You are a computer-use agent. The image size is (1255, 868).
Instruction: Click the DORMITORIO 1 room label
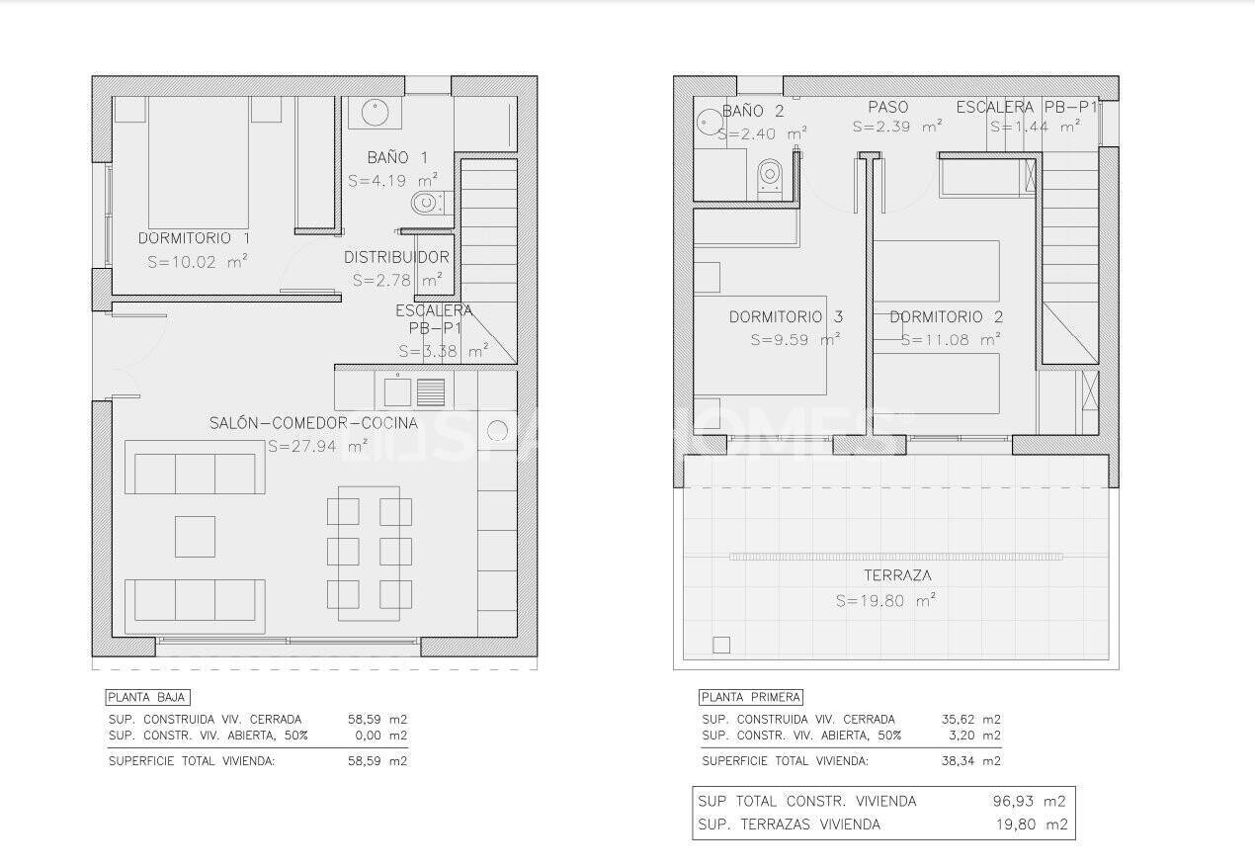[x=194, y=238]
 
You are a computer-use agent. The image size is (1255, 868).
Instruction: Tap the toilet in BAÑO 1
[x=427, y=204]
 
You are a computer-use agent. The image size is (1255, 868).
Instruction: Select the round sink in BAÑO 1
[x=374, y=113]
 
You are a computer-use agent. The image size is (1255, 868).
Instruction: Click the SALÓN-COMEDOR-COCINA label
[x=313, y=423]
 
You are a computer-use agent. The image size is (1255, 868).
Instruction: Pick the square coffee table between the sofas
[x=195, y=536]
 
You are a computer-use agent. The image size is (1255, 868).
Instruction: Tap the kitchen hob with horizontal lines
[x=431, y=392]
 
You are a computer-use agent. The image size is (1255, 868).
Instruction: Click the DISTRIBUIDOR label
[x=396, y=257]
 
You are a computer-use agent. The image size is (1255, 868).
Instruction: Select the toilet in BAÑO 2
[x=769, y=177]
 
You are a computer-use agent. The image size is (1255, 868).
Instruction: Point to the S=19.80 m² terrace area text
[x=885, y=600]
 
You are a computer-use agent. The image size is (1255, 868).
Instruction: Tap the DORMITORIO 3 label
[x=786, y=317]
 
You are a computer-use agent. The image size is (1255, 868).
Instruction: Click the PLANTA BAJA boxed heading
[x=146, y=697]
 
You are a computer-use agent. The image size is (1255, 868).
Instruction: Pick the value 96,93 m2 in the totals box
[x=1029, y=801]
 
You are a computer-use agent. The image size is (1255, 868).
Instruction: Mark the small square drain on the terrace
[x=721, y=645]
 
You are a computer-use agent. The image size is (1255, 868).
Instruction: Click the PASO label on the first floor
[x=887, y=107]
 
